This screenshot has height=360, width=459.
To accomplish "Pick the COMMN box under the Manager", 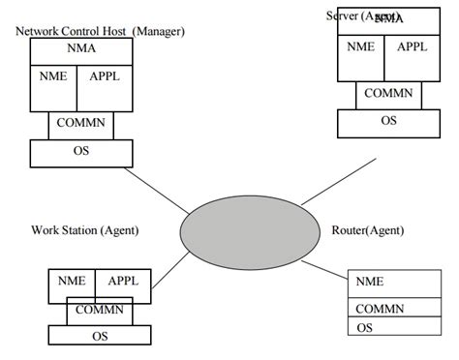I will (x=81, y=125).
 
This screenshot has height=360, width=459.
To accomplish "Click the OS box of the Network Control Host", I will (x=82, y=153).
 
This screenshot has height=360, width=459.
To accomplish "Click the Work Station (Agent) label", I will (x=85, y=230).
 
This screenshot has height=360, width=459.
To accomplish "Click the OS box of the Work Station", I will (x=99, y=335).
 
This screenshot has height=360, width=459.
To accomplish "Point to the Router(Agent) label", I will (x=368, y=230).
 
